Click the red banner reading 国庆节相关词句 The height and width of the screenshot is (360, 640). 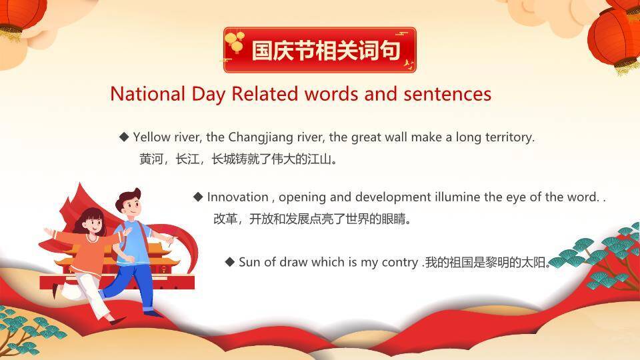click(x=319, y=50)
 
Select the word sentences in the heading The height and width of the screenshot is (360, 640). click(x=447, y=94)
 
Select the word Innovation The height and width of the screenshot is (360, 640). click(x=237, y=197)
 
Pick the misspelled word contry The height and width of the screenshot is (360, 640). click(x=400, y=261)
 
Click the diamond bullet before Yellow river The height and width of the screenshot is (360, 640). click(x=124, y=137)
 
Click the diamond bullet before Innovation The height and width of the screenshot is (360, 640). click(x=198, y=197)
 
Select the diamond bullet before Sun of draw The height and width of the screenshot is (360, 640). click(x=230, y=261)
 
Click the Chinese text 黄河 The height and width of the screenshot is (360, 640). click(x=150, y=159)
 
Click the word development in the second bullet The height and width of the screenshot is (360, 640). click(x=393, y=197)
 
